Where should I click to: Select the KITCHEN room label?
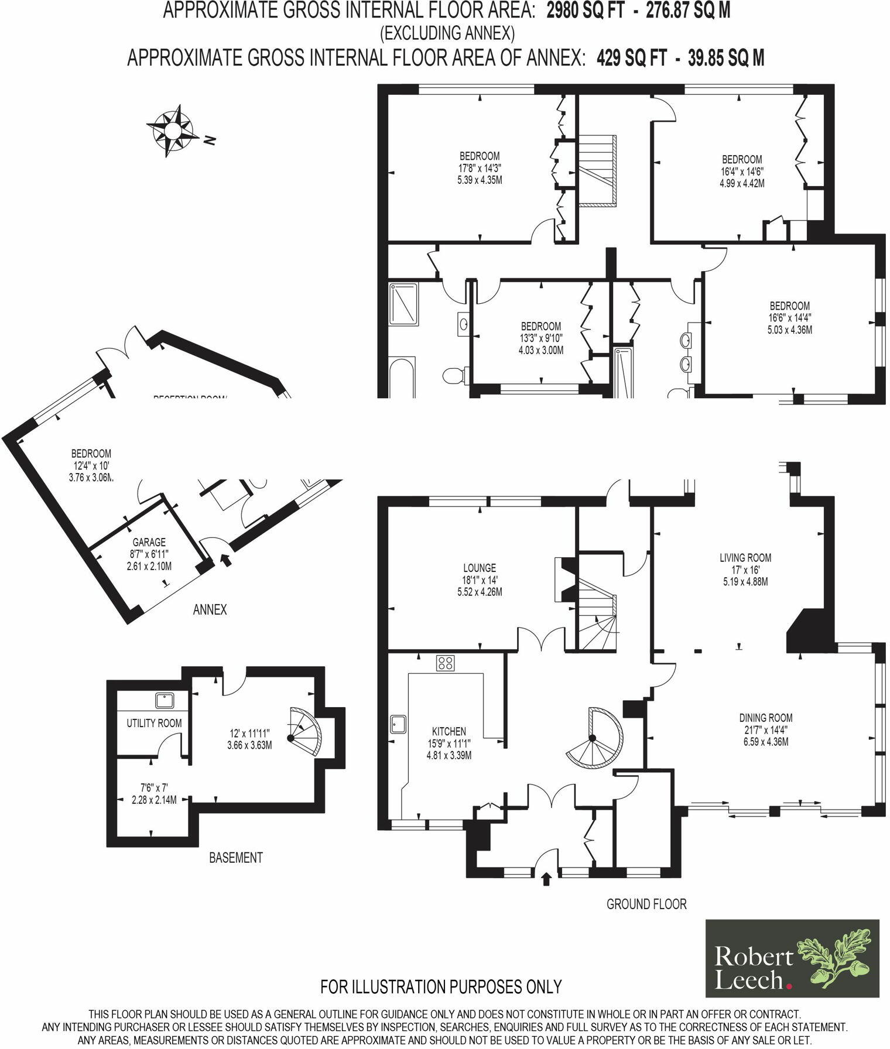(x=449, y=731)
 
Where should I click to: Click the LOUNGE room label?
(x=479, y=567)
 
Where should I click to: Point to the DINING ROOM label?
(x=765, y=717)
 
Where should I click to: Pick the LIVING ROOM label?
(x=745, y=557)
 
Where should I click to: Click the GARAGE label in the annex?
(x=149, y=542)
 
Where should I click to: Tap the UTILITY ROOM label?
(x=154, y=723)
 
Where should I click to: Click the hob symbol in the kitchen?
(x=445, y=663)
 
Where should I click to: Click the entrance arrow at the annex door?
(x=225, y=560)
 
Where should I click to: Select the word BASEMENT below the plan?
(x=235, y=858)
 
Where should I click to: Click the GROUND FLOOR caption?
(x=646, y=904)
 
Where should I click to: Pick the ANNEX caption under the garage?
(x=210, y=610)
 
